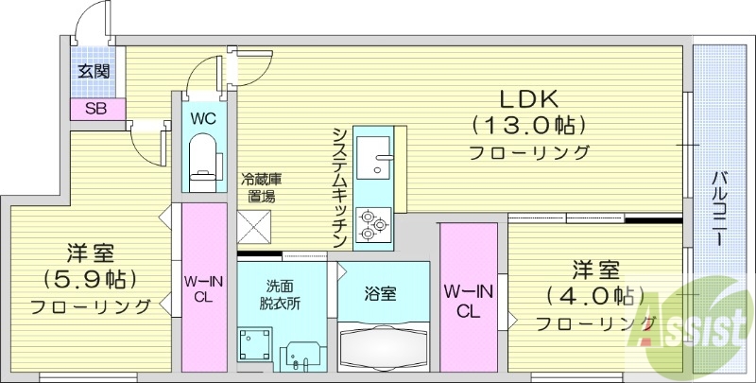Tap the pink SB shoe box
coord(95,108)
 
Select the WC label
coord(203,119)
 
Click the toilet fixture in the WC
coord(203,156)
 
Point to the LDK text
coord(529,98)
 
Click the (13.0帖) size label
coord(529,125)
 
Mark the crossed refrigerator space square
coord(254,228)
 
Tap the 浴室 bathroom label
coord(381,293)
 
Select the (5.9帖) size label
coord(91,279)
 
